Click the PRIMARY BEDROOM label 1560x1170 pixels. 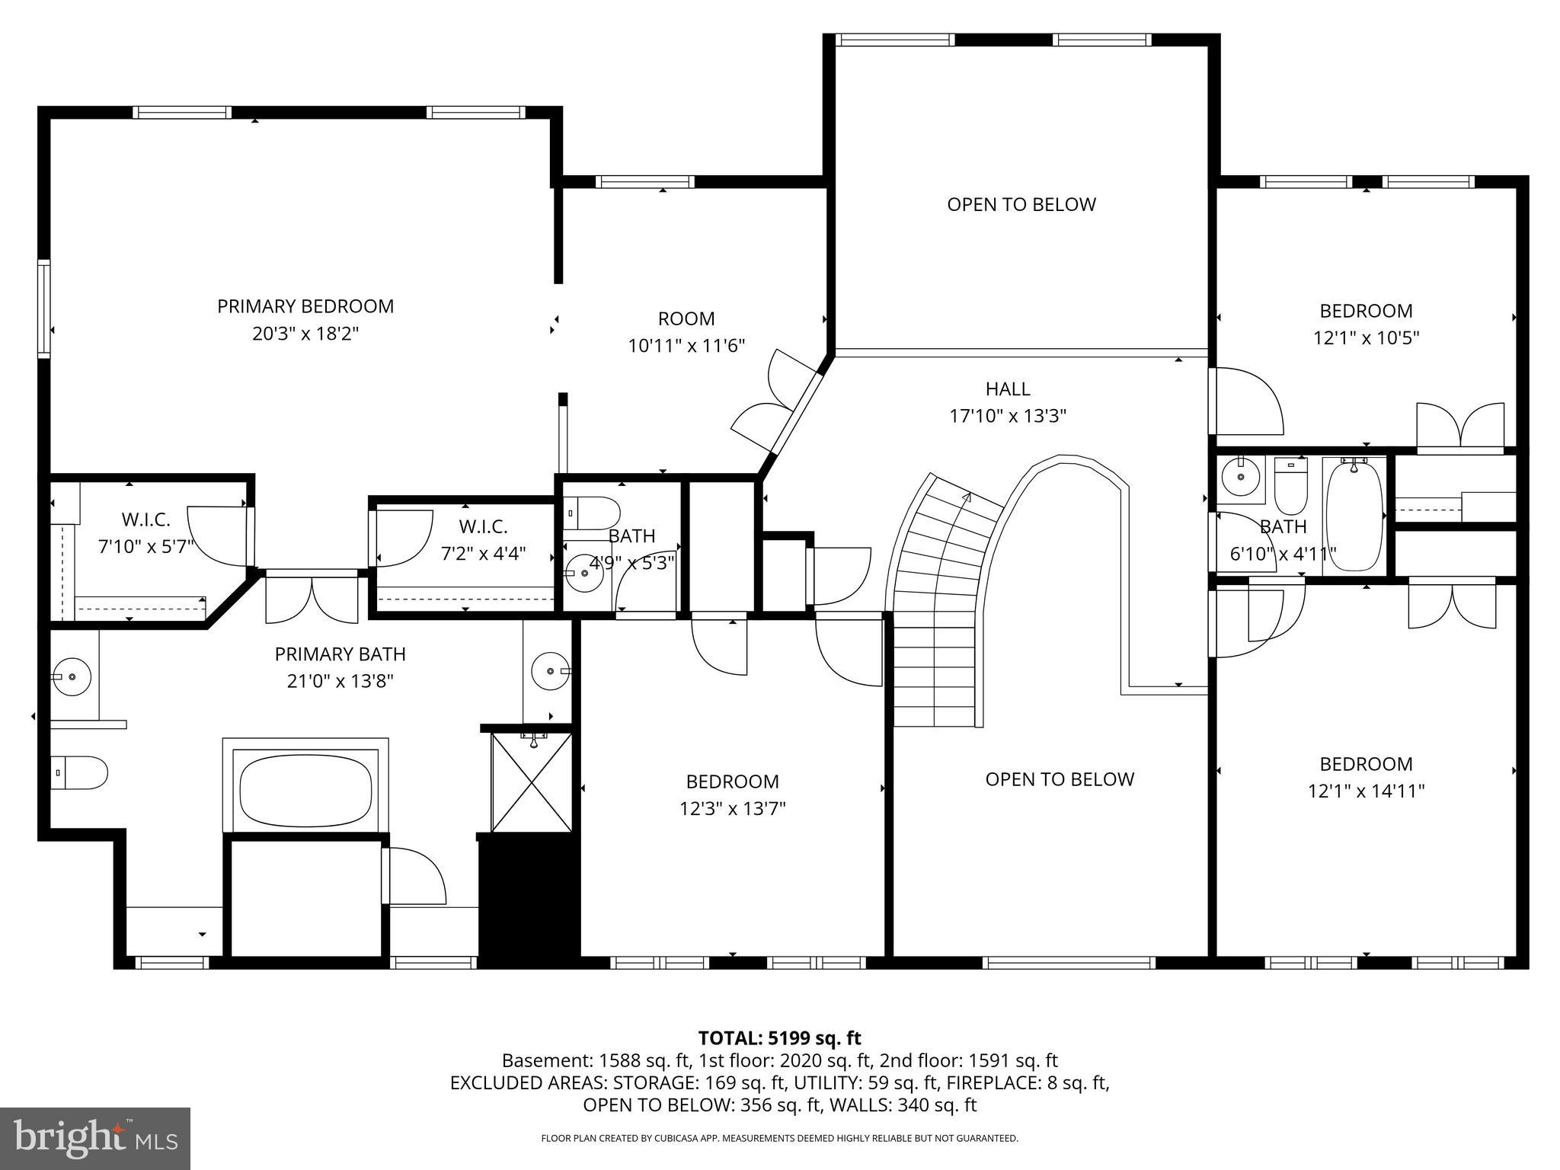tap(305, 306)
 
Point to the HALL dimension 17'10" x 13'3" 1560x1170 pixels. tap(1007, 416)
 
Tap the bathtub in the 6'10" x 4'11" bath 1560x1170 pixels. tap(1354, 515)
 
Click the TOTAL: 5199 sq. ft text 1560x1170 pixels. tap(779, 1037)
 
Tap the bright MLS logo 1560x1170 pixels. tap(95, 1139)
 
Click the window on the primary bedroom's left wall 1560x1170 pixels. tap(44, 308)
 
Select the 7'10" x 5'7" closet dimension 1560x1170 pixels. tap(146, 547)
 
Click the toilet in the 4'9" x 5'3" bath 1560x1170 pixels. tap(591, 513)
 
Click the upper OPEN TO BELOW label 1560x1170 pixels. tap(1021, 204)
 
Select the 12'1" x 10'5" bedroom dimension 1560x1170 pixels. tap(1366, 337)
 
